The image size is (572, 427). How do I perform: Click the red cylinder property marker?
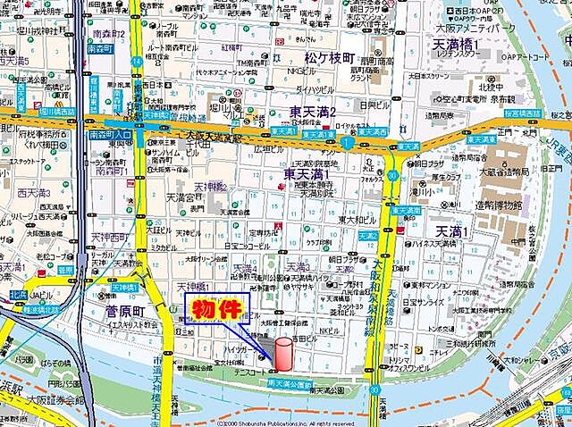(283, 353)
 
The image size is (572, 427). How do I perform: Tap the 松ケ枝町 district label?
(329, 56)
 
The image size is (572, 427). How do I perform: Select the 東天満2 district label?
(313, 112)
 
